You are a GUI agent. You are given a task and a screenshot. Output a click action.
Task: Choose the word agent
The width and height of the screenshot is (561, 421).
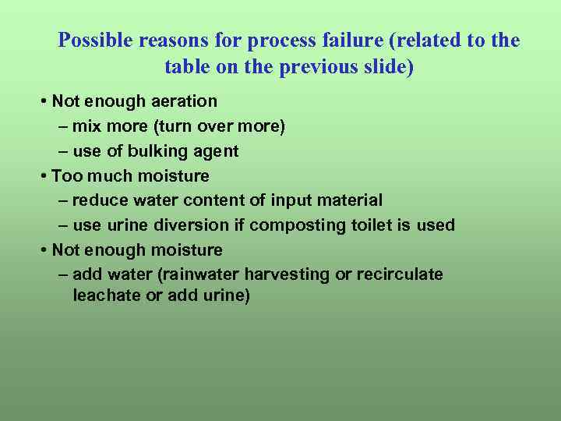[x=215, y=151]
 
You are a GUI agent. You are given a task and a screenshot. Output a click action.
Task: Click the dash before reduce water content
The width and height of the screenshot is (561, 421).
[x=63, y=201]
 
